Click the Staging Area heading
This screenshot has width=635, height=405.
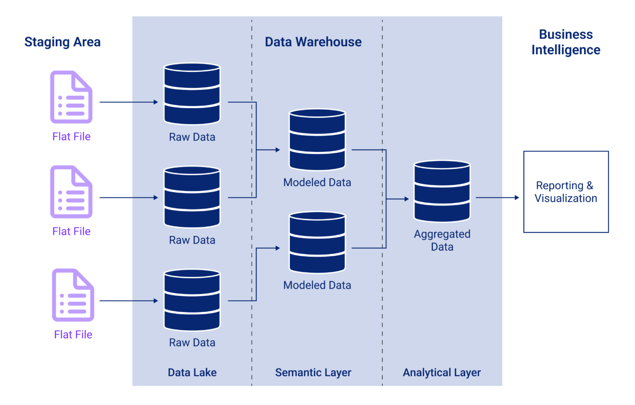tap(62, 42)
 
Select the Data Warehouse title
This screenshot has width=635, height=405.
tap(313, 42)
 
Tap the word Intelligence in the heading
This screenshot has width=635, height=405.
tap(566, 50)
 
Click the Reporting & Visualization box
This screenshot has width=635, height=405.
tap(566, 192)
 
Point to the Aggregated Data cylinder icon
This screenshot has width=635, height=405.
tap(442, 191)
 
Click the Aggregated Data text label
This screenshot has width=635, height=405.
tap(442, 240)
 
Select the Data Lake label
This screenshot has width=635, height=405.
tap(192, 372)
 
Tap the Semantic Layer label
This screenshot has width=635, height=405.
tap(313, 372)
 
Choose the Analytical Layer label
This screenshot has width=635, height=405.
tap(442, 372)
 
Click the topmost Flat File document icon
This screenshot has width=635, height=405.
tap(71, 97)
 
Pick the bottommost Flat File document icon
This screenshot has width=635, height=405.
tap(73, 295)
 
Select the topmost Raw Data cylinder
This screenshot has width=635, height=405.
tap(192, 94)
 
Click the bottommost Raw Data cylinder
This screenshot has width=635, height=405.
tap(192, 300)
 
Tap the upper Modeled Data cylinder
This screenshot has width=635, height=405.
tap(317, 140)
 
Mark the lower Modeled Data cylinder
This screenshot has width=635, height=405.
tap(317, 243)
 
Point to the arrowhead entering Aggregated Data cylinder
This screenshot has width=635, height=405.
tap(406, 199)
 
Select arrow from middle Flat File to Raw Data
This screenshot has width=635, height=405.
tap(128, 198)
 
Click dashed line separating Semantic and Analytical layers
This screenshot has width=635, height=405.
tap(382, 310)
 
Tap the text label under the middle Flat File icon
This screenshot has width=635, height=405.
tap(71, 231)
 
